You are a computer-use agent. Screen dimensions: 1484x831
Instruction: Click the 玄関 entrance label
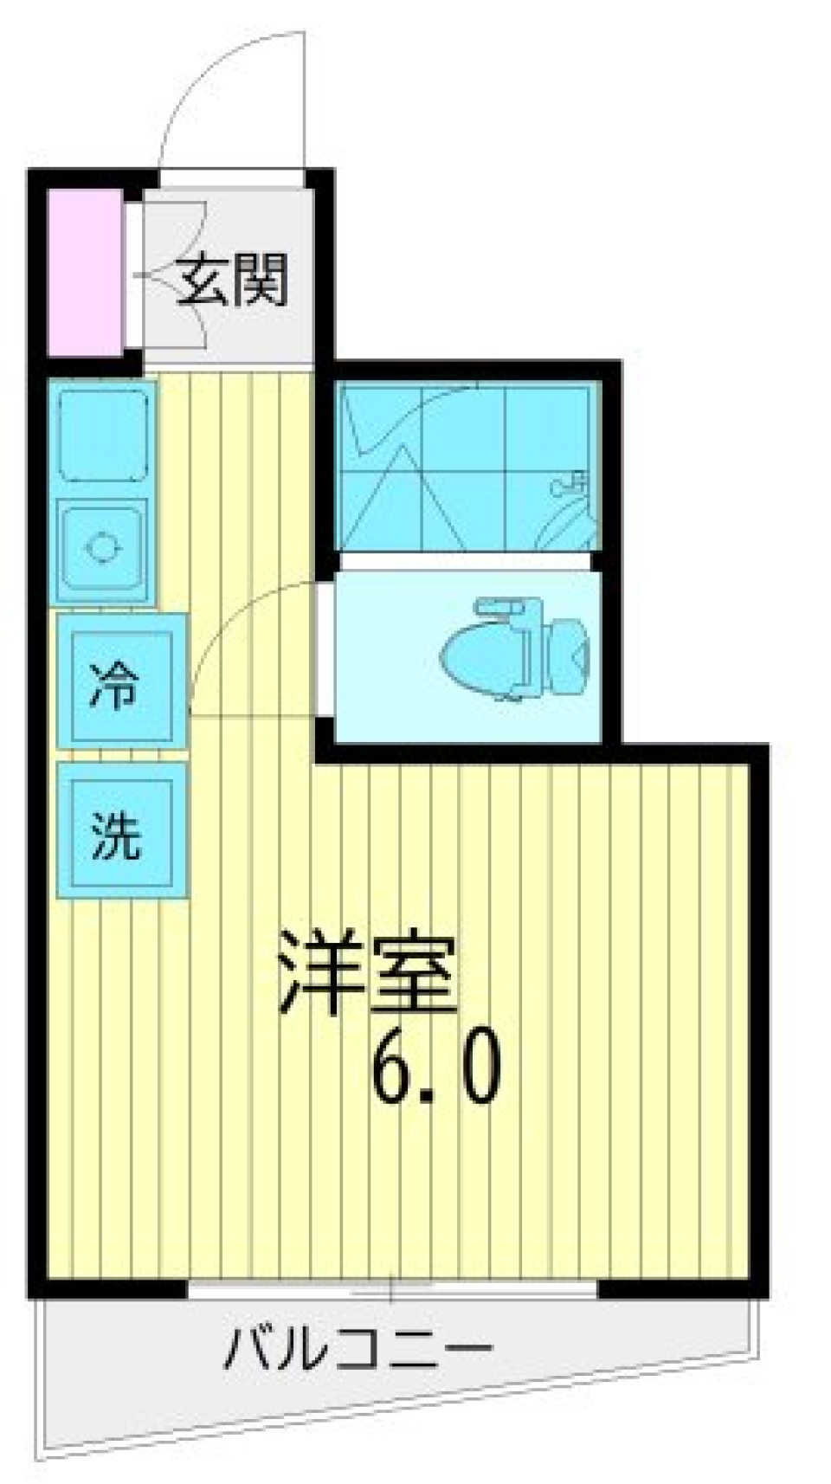(231, 279)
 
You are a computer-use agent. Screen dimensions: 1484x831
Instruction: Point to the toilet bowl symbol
(480, 659)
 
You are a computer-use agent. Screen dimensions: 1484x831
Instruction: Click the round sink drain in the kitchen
(102, 547)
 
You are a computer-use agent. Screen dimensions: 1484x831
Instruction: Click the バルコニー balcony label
(357, 1348)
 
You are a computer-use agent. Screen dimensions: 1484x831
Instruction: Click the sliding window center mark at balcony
(391, 1288)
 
